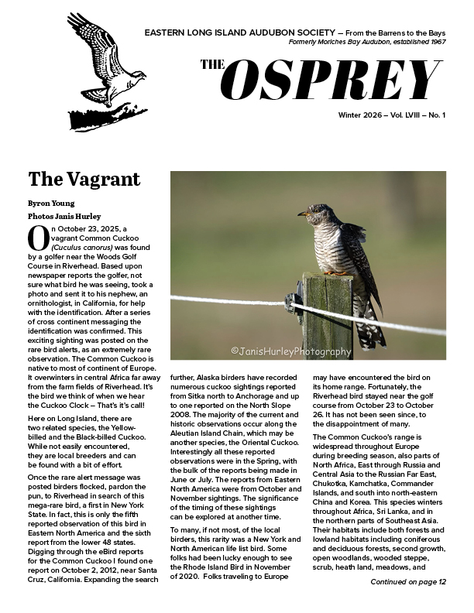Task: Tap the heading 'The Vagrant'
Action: [84, 180]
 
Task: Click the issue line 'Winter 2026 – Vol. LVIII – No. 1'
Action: [392, 115]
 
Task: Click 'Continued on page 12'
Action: [408, 581]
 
